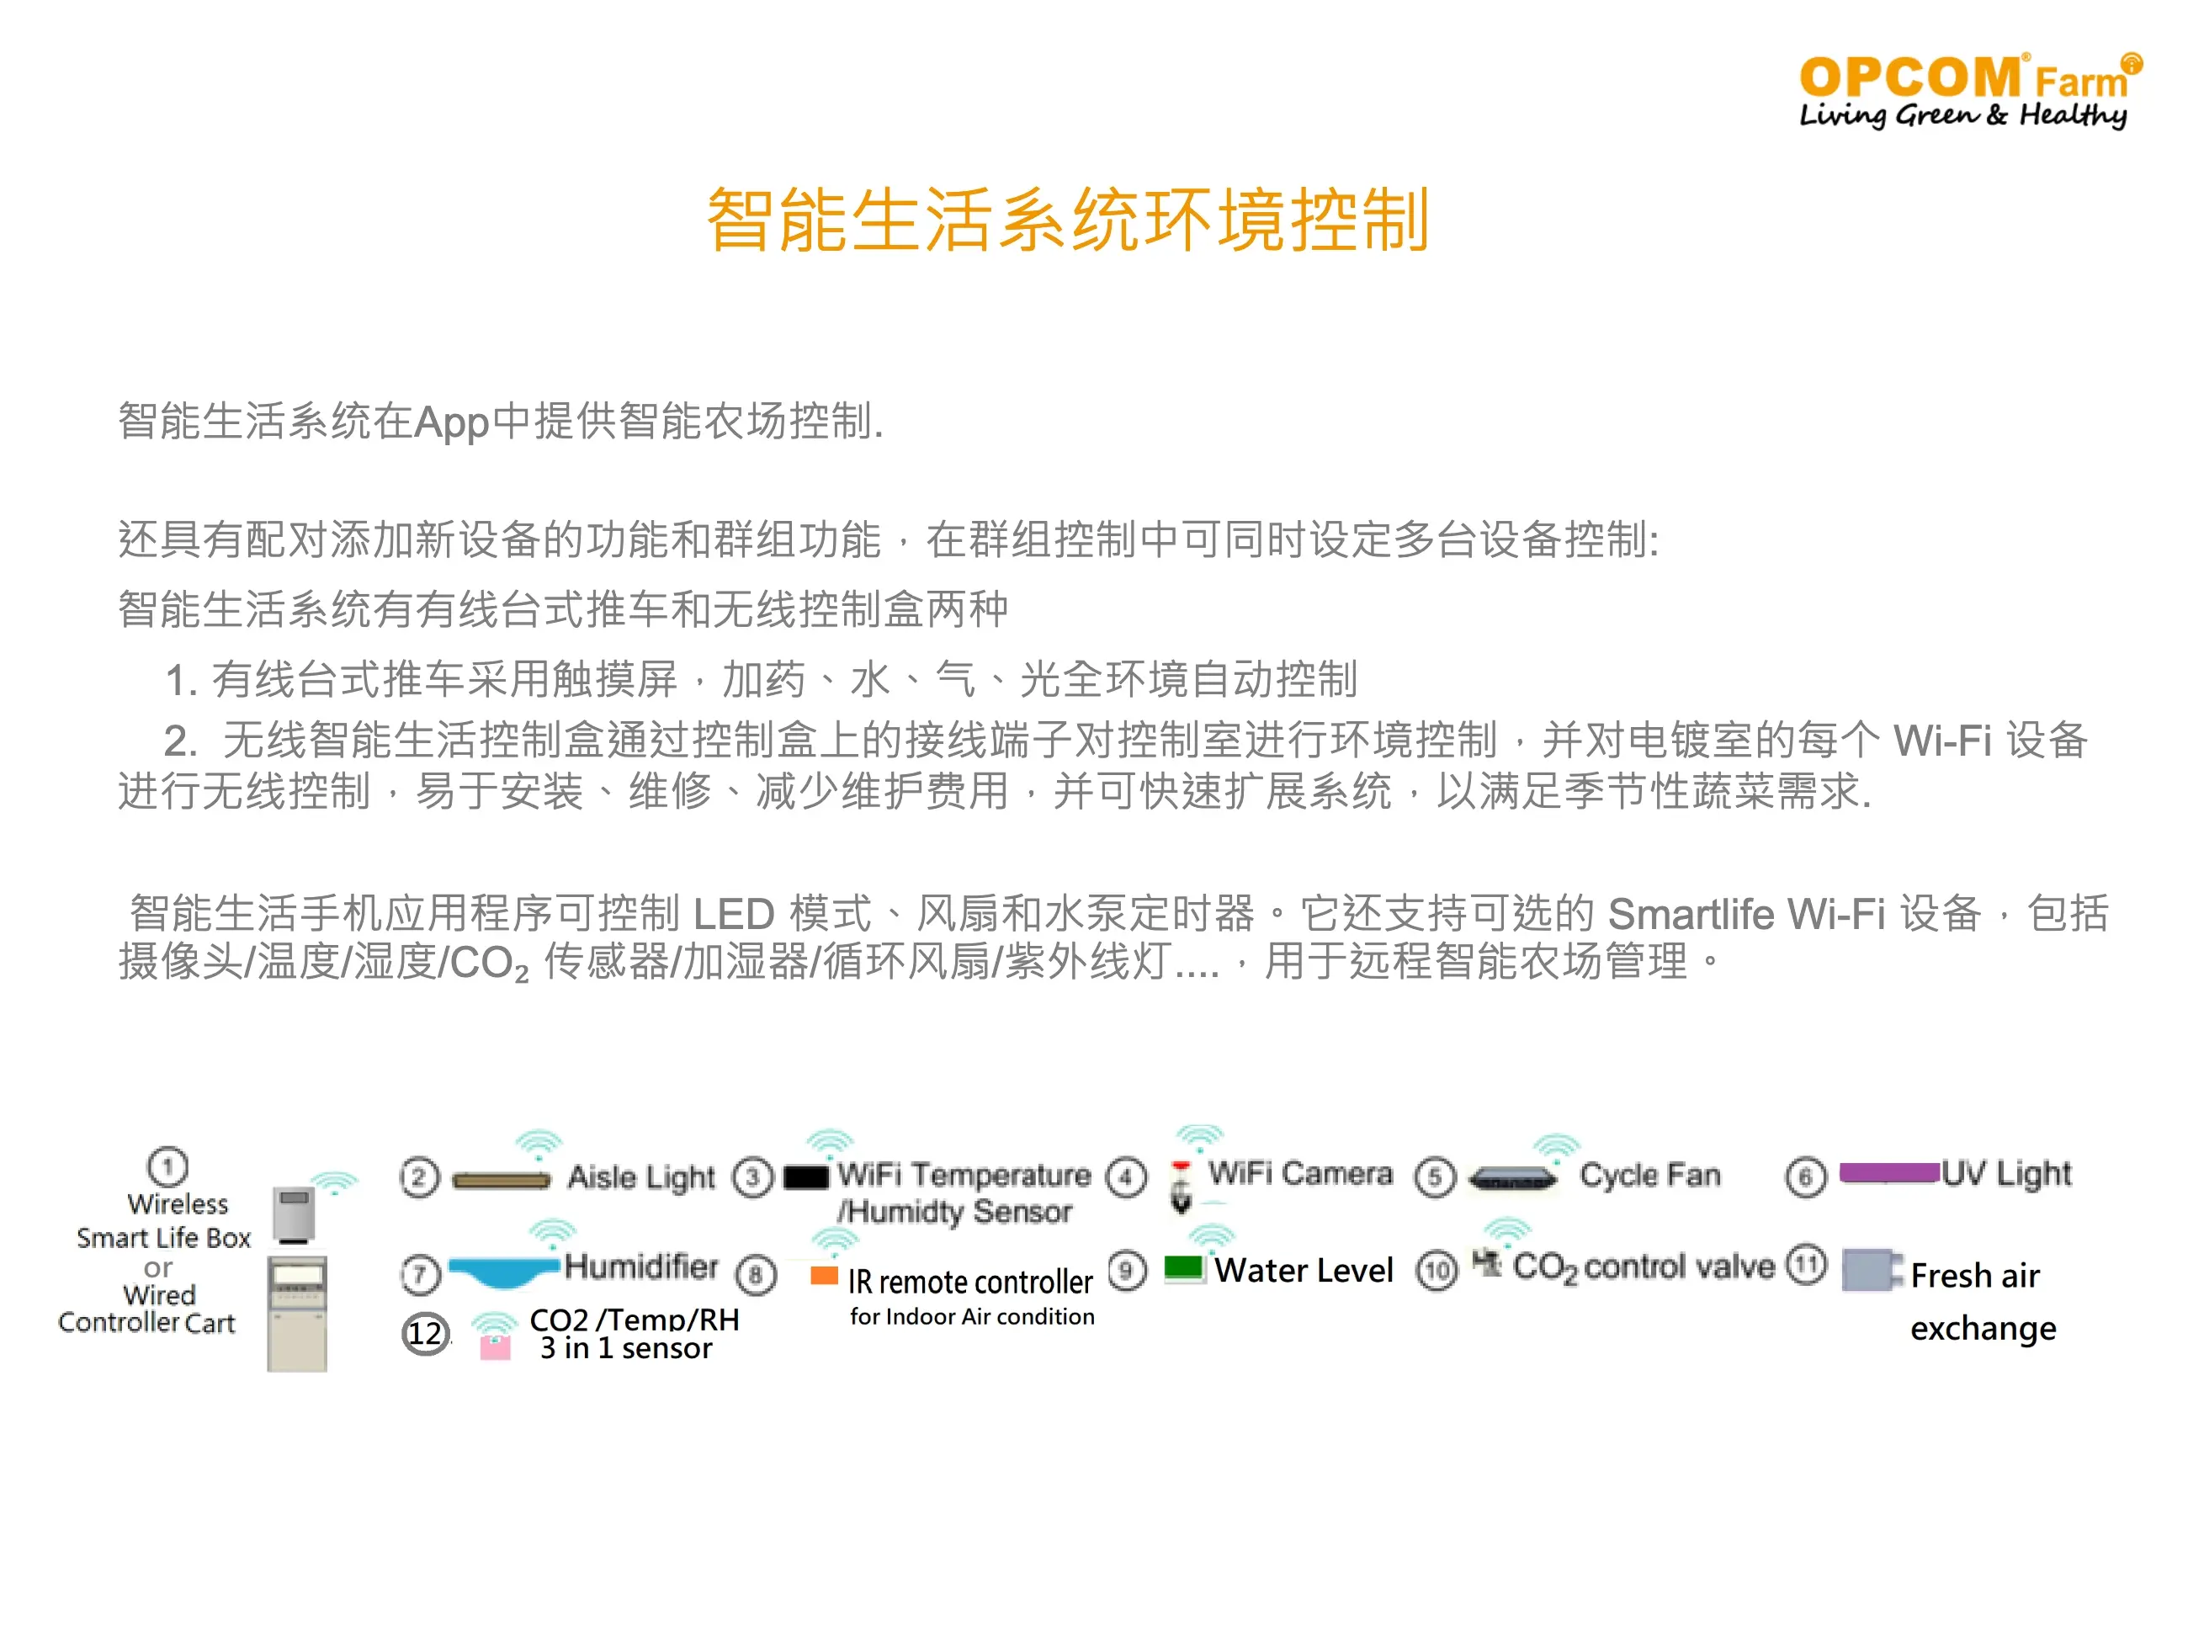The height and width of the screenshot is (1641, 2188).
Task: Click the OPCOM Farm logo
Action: tap(1969, 91)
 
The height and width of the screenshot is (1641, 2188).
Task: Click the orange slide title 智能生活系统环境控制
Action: tap(1067, 220)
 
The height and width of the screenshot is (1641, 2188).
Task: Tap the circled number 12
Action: tap(425, 1333)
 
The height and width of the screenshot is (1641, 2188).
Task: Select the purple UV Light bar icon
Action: tap(1888, 1173)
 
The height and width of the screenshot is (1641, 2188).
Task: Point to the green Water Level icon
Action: tap(1183, 1268)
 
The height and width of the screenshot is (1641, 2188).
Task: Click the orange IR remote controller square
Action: tap(824, 1275)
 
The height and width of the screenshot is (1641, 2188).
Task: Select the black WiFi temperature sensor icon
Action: tap(806, 1177)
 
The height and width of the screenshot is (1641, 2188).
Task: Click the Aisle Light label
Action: tap(641, 1177)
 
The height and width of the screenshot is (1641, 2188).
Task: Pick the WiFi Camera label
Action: tap(1299, 1173)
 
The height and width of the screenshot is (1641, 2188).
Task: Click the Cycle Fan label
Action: tap(1650, 1174)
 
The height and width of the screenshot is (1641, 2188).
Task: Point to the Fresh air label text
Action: tap(1974, 1276)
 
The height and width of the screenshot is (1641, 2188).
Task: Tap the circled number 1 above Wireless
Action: tap(167, 1166)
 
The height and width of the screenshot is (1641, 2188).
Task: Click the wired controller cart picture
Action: tap(297, 1314)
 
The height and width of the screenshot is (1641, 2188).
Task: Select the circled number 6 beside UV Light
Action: tap(1805, 1177)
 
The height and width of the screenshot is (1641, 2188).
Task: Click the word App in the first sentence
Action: tap(452, 422)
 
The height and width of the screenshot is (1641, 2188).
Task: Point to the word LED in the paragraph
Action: tap(733, 914)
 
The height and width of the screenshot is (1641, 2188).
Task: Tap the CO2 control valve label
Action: tap(1643, 1267)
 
